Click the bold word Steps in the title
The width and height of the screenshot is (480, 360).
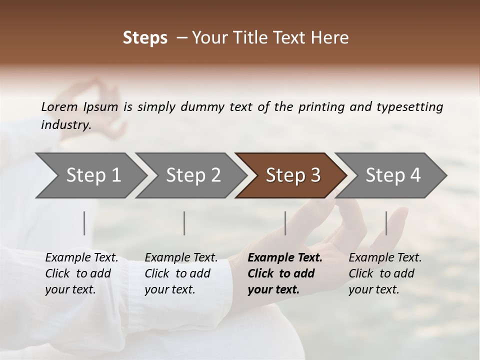coord(145,38)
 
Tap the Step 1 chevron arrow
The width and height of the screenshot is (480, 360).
coord(90,175)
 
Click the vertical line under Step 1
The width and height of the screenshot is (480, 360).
coord(84,223)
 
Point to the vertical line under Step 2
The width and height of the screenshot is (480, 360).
coord(184,223)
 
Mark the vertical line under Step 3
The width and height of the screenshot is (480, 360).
coord(285,223)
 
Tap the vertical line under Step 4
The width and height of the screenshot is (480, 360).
coord(386,223)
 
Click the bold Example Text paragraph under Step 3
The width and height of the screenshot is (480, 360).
coord(285,273)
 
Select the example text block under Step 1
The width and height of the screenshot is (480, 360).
coord(81,273)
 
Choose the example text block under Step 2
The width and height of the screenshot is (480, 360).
coord(181,273)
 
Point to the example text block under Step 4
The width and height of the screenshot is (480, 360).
coord(385,273)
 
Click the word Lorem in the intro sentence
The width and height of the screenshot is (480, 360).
coord(59,106)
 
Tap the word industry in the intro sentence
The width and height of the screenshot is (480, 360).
coord(66,124)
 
